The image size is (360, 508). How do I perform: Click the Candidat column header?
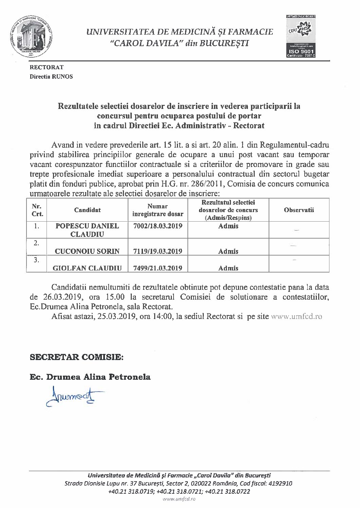(x=87, y=210)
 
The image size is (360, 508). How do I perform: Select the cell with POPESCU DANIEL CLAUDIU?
(x=87, y=230)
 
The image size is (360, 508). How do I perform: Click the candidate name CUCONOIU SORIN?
(x=87, y=251)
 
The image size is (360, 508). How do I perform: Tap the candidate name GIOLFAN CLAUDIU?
(x=87, y=268)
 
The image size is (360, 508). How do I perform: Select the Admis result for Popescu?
(x=228, y=226)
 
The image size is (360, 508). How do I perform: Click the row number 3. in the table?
(x=36, y=260)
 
